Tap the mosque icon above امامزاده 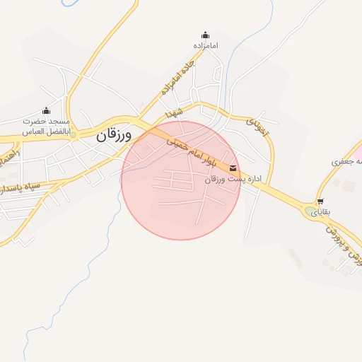tap(206, 35)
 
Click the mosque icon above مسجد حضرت tap(47, 110)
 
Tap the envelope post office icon tap(233, 168)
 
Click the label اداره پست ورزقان tap(233, 180)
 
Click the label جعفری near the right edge tap(346, 162)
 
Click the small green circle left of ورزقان tap(73, 134)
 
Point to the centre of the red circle tap(181, 180)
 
